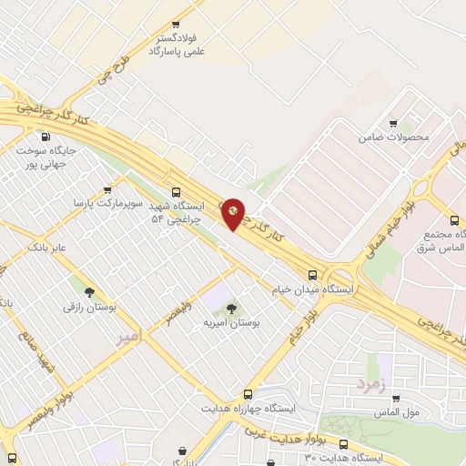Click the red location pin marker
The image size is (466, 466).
[x=233, y=213]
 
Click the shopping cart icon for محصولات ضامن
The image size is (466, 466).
[x=392, y=124]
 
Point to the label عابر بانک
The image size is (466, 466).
[x=48, y=247]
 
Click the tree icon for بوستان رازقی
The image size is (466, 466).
[x=89, y=292]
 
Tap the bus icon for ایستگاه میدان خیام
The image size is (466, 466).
[x=312, y=274]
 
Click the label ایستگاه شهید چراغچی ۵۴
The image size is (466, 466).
[x=178, y=213]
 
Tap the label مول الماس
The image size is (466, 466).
[x=398, y=413]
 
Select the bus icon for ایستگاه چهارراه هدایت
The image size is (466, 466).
[x=248, y=394]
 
